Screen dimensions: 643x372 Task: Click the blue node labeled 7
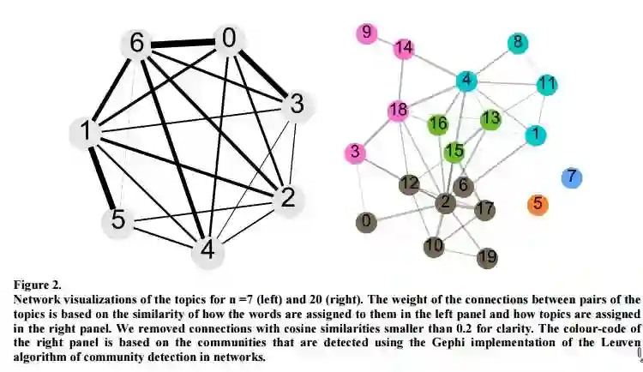tap(572, 177)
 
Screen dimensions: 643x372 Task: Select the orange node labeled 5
tap(538, 205)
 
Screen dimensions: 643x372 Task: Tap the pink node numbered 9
tap(367, 33)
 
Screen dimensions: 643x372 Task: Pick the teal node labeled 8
tap(517, 43)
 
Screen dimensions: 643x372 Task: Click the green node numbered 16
tap(437, 124)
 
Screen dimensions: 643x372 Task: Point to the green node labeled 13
tap(490, 118)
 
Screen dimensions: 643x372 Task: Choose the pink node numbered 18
tap(397, 111)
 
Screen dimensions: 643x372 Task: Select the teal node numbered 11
tap(547, 84)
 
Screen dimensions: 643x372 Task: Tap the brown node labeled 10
tap(435, 247)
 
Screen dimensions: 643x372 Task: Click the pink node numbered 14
tap(404, 49)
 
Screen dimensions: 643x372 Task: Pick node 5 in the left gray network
tap(118, 220)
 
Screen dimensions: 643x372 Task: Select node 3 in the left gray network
tap(297, 105)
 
